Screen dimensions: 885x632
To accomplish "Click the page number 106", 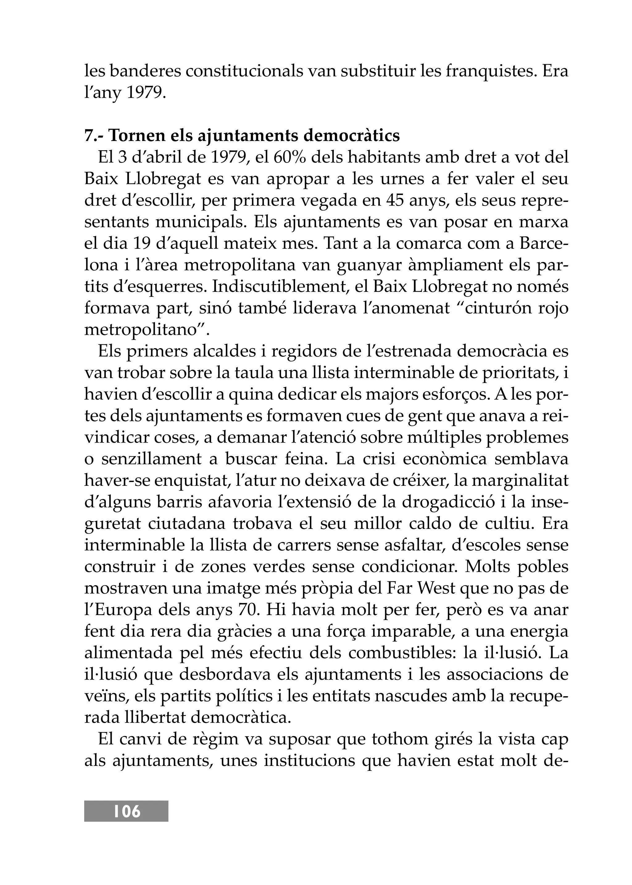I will tap(127, 811).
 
